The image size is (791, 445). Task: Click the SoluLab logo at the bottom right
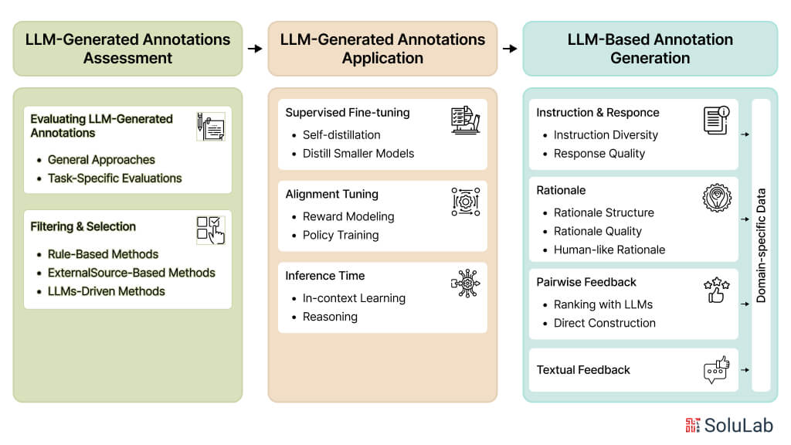click(728, 425)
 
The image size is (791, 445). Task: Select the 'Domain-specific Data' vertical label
click(761, 245)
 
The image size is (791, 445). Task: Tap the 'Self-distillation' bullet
click(341, 135)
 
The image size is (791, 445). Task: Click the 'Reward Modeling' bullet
click(348, 217)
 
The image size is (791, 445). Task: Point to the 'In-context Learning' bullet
click(354, 298)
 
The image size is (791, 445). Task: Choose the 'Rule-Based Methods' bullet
click(103, 254)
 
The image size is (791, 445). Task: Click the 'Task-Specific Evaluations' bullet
click(114, 178)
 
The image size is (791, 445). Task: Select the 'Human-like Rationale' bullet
click(609, 250)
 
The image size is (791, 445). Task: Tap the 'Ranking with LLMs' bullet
click(603, 304)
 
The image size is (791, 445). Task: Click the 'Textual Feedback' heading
click(583, 370)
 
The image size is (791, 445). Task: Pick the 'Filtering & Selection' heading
click(83, 226)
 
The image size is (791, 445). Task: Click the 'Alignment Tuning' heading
click(331, 194)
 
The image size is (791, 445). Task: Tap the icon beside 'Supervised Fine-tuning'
click(465, 121)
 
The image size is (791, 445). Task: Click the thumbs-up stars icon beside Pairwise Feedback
click(716, 290)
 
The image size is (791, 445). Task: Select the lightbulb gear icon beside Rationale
click(716, 199)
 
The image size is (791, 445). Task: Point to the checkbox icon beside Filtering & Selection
click(210, 229)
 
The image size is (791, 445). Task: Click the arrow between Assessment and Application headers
click(255, 49)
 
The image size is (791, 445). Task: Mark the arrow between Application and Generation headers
click(510, 49)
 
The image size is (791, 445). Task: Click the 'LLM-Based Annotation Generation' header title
click(650, 49)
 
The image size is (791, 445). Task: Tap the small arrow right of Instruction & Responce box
click(745, 134)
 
